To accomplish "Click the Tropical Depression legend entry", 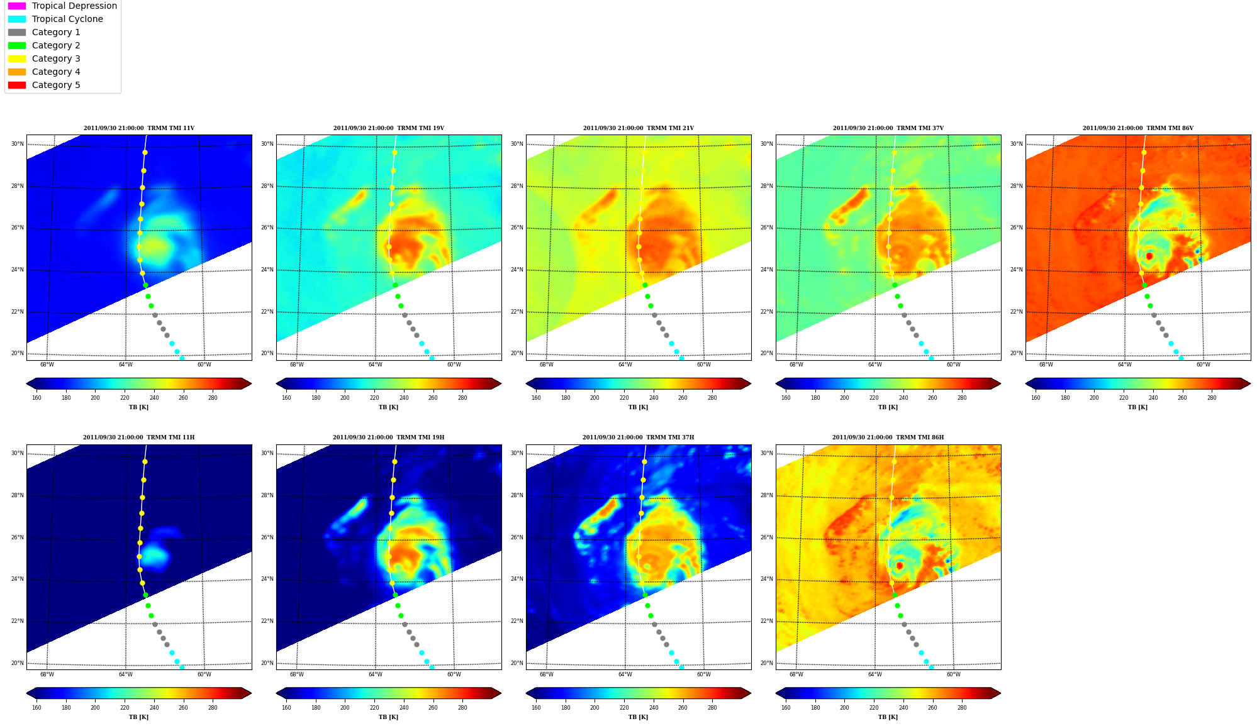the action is (62, 6).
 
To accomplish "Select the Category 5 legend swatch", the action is (17, 85).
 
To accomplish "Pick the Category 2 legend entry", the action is (44, 45).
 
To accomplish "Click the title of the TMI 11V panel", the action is (139, 128).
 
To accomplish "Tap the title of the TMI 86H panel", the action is (888, 437).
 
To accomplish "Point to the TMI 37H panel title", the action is (638, 437).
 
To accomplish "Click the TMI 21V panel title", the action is (638, 128).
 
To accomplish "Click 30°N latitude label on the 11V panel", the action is (17, 144).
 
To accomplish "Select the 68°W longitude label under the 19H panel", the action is (296, 674).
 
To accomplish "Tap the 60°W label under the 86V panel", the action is (1203, 365).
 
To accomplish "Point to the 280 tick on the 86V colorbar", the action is (1212, 397).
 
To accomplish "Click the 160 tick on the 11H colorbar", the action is (36, 708).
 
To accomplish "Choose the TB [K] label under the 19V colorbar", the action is (388, 407).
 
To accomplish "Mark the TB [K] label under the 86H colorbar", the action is (888, 717).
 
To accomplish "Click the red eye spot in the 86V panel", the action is (1149, 256).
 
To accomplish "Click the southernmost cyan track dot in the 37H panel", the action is (681, 667).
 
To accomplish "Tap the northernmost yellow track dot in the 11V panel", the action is (145, 152).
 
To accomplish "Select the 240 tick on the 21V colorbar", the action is (653, 397).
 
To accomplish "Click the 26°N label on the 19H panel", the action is (267, 537).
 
